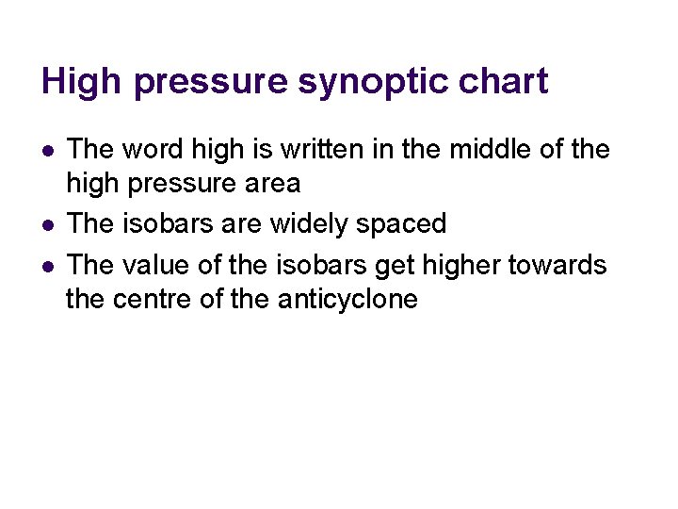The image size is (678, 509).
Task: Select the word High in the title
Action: (82, 82)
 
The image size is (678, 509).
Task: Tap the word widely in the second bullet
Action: (305, 224)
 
